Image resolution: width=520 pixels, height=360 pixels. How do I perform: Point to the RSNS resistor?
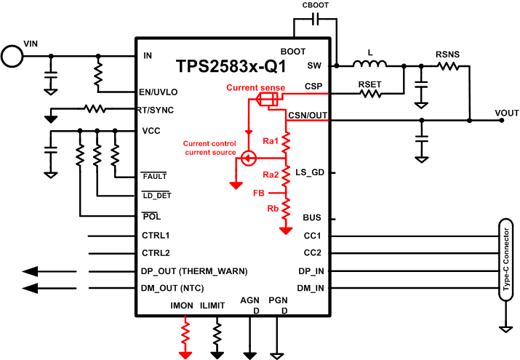pyautogui.click(x=447, y=66)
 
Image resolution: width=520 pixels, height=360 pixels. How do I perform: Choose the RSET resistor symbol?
pyautogui.click(x=369, y=93)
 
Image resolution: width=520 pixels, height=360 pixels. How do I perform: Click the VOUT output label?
pyautogui.click(x=507, y=113)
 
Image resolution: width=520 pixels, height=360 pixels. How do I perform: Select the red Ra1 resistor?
pyautogui.click(x=286, y=140)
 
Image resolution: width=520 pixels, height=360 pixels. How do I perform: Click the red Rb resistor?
pyautogui.click(x=286, y=209)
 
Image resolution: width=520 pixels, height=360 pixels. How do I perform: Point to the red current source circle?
pyautogui.click(x=248, y=158)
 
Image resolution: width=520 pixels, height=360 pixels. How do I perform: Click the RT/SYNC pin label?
pyautogui.click(x=156, y=110)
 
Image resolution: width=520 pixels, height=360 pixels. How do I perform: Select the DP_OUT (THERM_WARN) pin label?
pyautogui.click(x=194, y=271)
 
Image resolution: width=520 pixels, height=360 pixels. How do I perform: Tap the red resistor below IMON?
pyautogui.click(x=186, y=334)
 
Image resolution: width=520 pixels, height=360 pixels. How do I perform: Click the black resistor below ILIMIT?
pyautogui.click(x=217, y=334)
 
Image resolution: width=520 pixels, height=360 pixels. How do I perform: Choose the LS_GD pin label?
pyautogui.click(x=310, y=172)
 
